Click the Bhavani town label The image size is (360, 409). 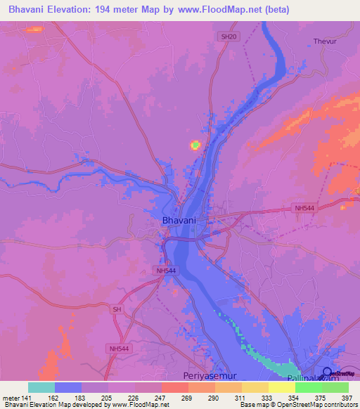click(x=179, y=220)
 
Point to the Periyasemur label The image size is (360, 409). click(x=207, y=376)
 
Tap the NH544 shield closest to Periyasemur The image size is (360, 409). click(x=119, y=349)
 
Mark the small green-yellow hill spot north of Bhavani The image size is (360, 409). click(x=194, y=145)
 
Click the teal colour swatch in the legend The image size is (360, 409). click(x=41, y=387)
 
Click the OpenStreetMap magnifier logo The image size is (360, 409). click(x=327, y=372)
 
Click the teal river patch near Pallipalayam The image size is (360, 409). click(x=274, y=364)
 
